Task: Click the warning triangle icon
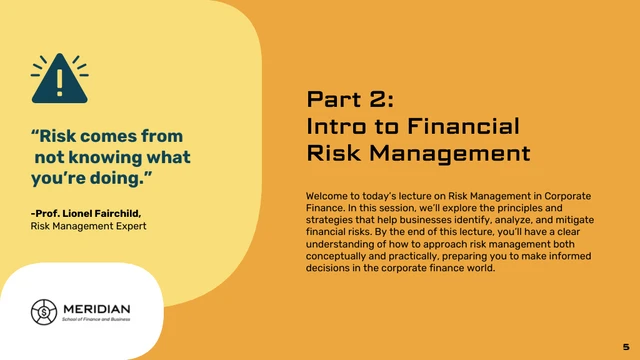59,79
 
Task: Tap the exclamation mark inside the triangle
59,80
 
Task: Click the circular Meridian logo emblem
42,312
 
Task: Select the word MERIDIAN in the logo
96,307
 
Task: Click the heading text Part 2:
351,99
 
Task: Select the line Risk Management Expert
88,226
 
